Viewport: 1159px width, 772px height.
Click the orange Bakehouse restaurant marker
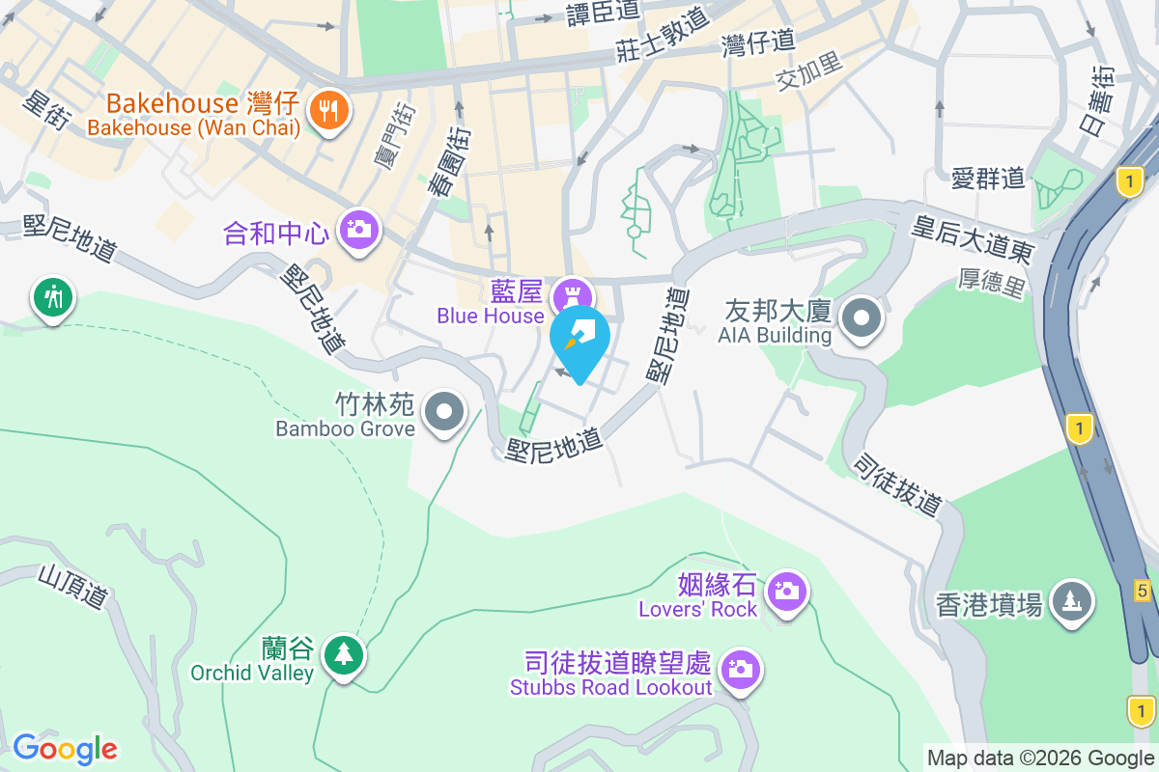pyautogui.click(x=329, y=112)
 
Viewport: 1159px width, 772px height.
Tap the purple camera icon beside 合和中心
pyautogui.click(x=358, y=231)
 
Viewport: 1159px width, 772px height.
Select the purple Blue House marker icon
pyautogui.click(x=571, y=292)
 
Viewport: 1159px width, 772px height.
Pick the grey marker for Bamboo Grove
pyautogui.click(x=444, y=412)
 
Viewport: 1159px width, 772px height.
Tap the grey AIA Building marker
pyautogui.click(x=861, y=318)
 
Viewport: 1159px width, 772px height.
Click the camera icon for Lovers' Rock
pyautogui.click(x=787, y=591)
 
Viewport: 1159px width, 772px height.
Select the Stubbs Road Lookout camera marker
pyautogui.click(x=741, y=669)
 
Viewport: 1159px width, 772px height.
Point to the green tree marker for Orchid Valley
pyautogui.click(x=343, y=655)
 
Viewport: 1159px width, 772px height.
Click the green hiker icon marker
pyautogui.click(x=53, y=297)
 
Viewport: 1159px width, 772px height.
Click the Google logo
pyautogui.click(x=66, y=748)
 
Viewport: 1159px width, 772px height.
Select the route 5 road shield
pyautogui.click(x=1143, y=591)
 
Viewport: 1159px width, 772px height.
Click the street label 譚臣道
pyautogui.click(x=604, y=12)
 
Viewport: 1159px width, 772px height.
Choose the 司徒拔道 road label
pyautogui.click(x=896, y=484)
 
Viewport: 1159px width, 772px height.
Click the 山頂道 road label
pyautogui.click(x=72, y=587)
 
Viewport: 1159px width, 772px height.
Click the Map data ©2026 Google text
pyautogui.click(x=1041, y=758)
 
